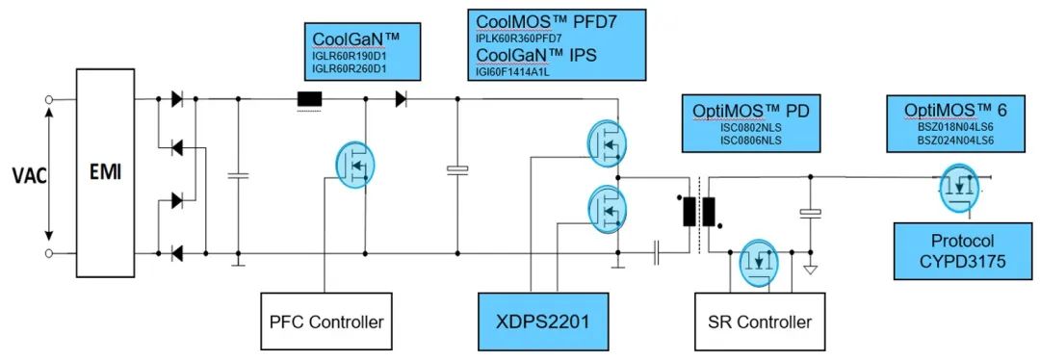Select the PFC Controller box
click(326, 321)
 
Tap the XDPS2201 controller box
click(544, 321)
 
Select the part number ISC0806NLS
click(750, 140)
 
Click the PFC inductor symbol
click(309, 100)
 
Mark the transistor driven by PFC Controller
click(356, 164)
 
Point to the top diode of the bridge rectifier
click(176, 99)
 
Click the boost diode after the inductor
click(401, 99)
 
